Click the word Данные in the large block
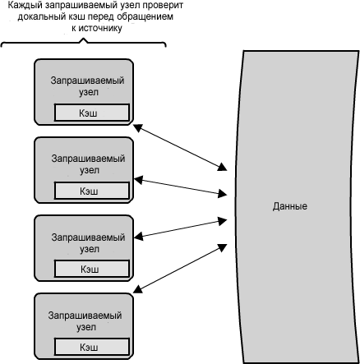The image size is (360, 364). [289, 206]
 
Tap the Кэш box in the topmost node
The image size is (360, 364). [92, 113]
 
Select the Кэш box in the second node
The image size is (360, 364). [92, 191]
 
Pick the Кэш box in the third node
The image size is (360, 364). [92, 269]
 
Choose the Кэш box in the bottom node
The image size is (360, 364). [92, 347]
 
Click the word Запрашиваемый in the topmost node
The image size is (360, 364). [87, 81]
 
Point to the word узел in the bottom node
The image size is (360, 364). [85, 327]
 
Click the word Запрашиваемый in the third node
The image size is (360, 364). [88, 237]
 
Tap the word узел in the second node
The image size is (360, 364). [90, 170]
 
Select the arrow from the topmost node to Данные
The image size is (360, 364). [180, 147]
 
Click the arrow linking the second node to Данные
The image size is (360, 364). [181, 187]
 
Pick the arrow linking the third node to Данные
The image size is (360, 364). [181, 228]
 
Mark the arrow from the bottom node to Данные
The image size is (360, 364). [180, 268]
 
